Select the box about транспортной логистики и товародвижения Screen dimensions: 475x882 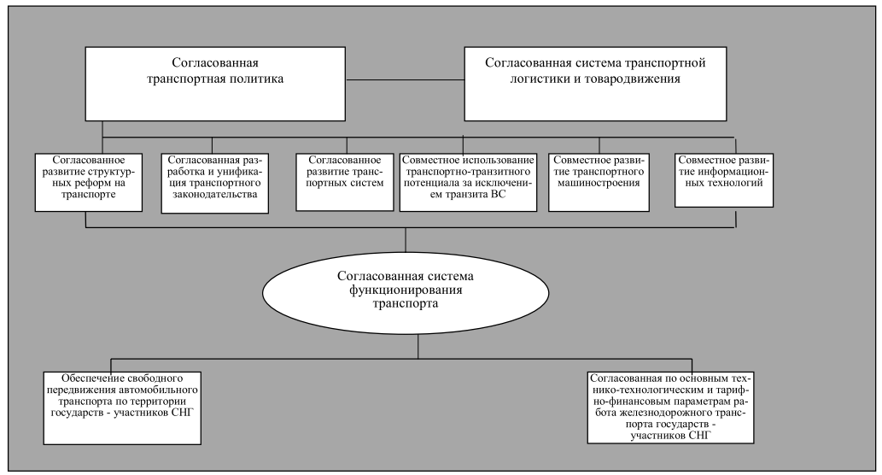point(596,84)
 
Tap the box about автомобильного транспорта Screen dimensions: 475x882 point(122,407)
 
